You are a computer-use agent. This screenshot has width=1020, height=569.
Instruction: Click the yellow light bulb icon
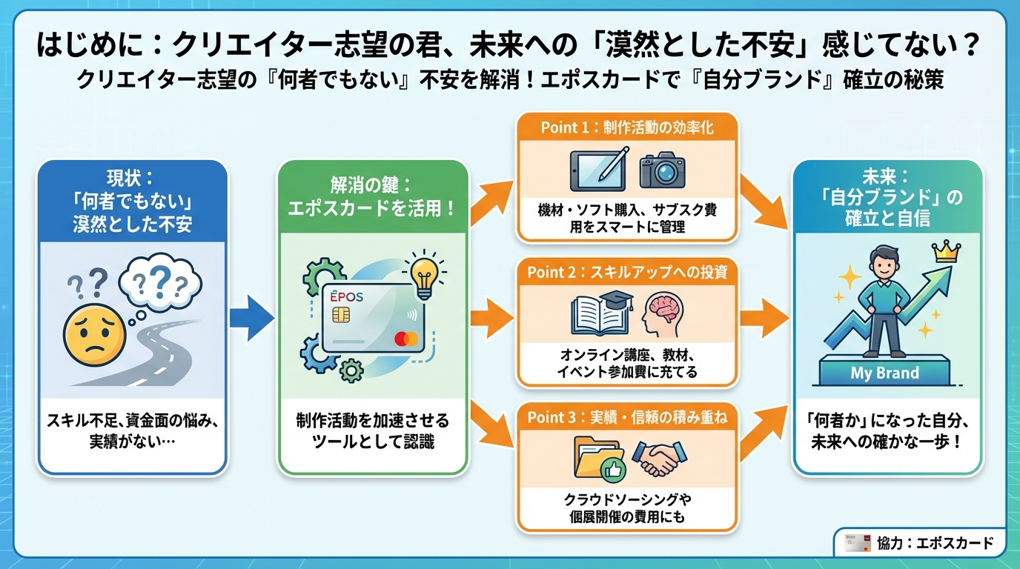423,273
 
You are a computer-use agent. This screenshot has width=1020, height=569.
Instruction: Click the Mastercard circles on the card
406,339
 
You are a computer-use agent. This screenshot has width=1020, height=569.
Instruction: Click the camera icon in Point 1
662,170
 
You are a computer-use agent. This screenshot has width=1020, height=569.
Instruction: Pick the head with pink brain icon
662,315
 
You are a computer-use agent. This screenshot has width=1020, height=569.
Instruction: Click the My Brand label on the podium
884,373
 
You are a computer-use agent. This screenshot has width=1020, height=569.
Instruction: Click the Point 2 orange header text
627,272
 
